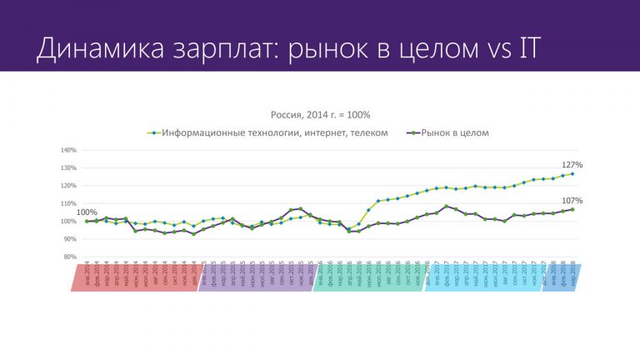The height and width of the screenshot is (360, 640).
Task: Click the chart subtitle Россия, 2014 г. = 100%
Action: [x=320, y=114]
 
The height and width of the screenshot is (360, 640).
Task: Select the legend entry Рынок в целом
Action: [x=454, y=132]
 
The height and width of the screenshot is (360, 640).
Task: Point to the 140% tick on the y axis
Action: [x=67, y=151]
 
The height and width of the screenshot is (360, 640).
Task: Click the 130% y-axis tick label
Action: [x=67, y=168]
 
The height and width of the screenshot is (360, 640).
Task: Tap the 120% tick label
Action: [x=67, y=186]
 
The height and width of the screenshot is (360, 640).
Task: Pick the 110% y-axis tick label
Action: [x=67, y=204]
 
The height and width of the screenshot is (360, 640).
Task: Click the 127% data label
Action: [x=572, y=165]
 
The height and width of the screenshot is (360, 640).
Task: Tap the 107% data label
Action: [x=572, y=201]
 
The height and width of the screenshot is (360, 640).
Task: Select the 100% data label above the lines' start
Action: [x=87, y=212]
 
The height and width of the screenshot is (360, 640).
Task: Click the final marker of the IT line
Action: [x=572, y=174]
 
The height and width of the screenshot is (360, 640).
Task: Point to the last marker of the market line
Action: [x=572, y=209]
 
